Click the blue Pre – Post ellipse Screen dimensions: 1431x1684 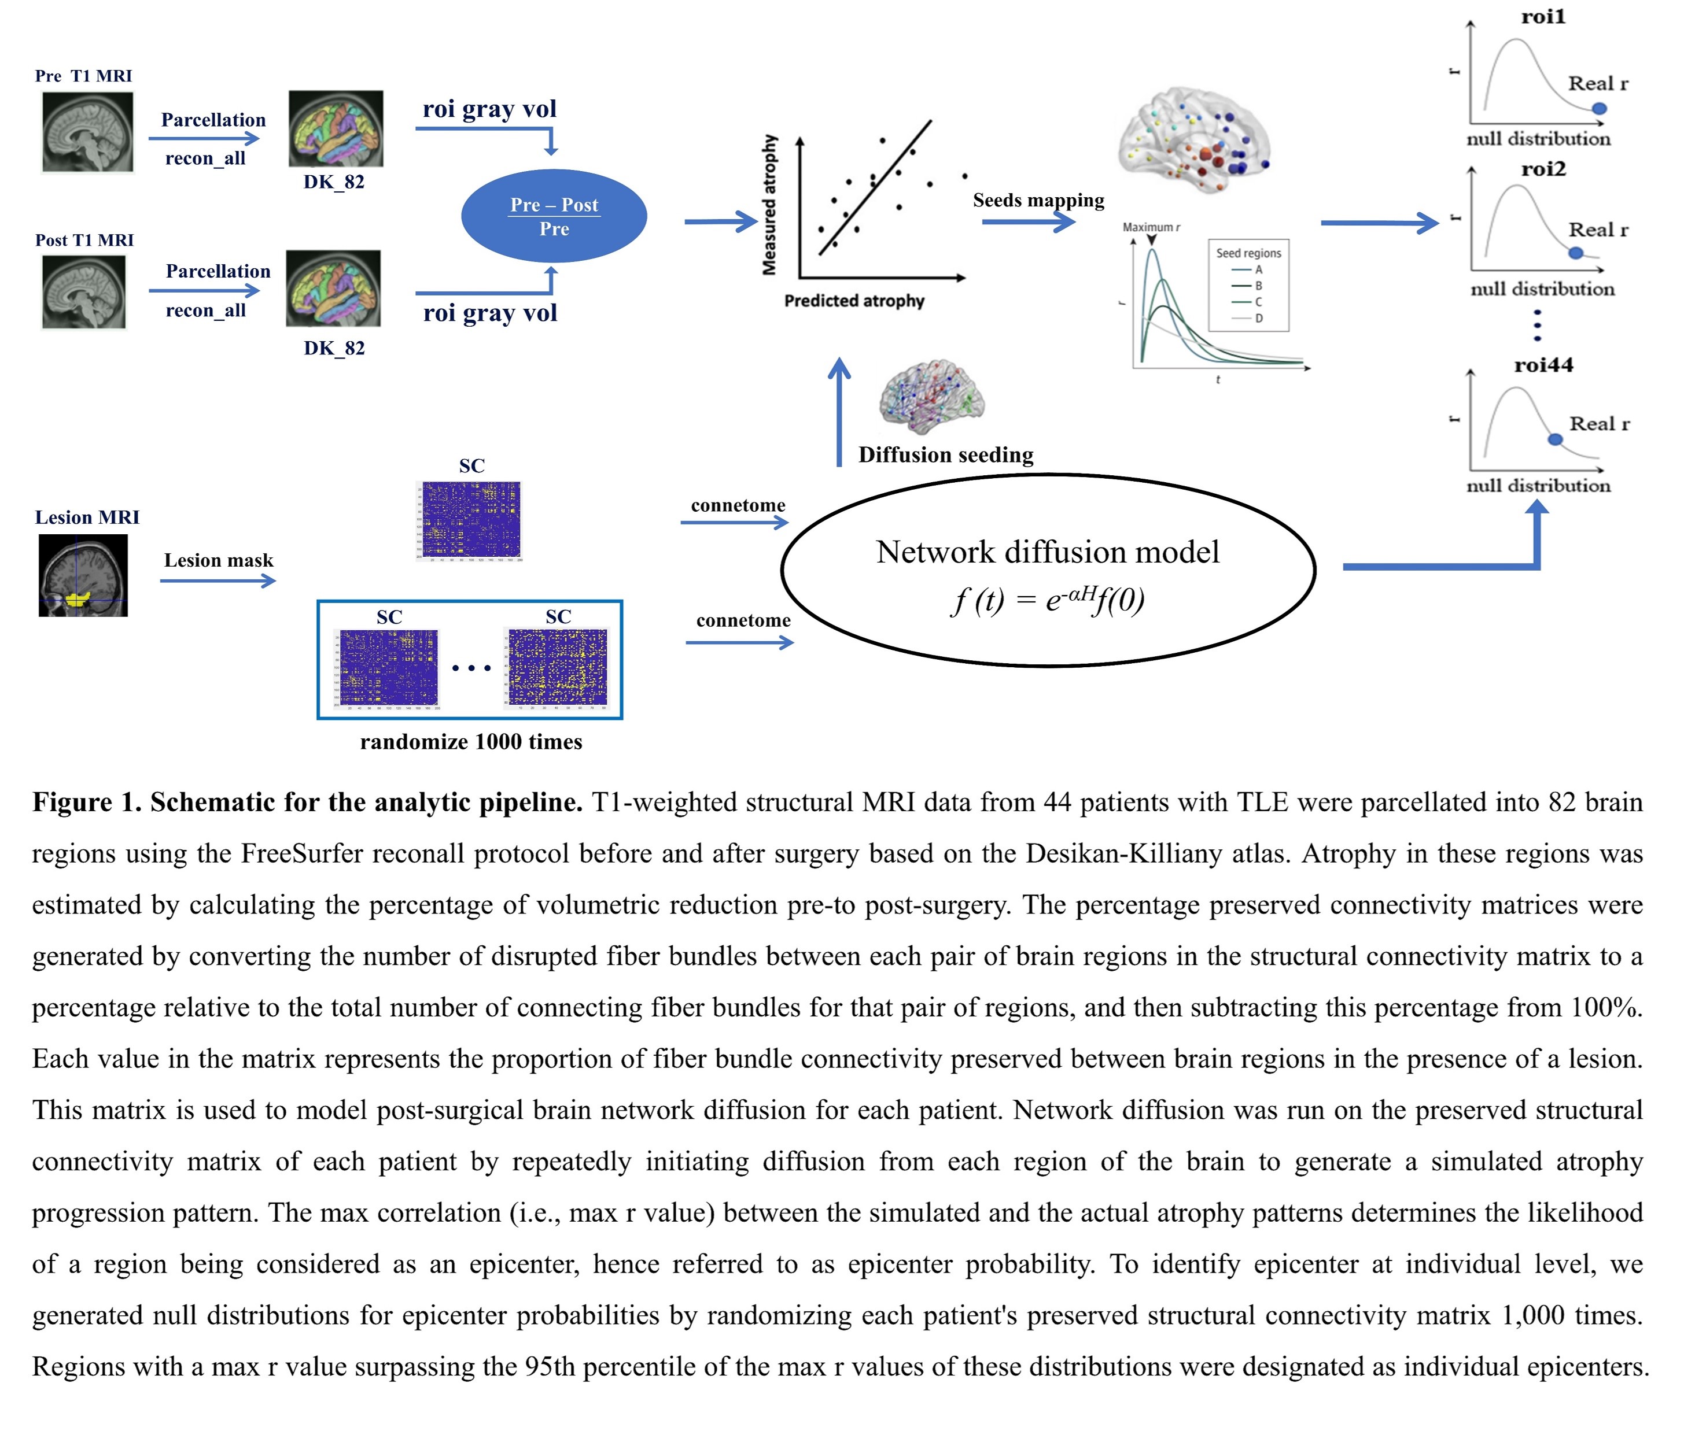click(554, 216)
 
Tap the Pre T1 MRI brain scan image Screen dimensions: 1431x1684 click(88, 131)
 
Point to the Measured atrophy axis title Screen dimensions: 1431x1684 click(769, 205)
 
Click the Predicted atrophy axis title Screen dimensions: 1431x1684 click(854, 301)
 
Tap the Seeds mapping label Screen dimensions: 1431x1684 click(1038, 201)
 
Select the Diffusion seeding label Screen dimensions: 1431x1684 click(945, 455)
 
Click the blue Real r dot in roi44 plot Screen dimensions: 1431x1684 click(1555, 439)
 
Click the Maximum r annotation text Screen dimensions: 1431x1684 click(1151, 227)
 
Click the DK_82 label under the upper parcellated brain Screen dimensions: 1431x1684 click(334, 182)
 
